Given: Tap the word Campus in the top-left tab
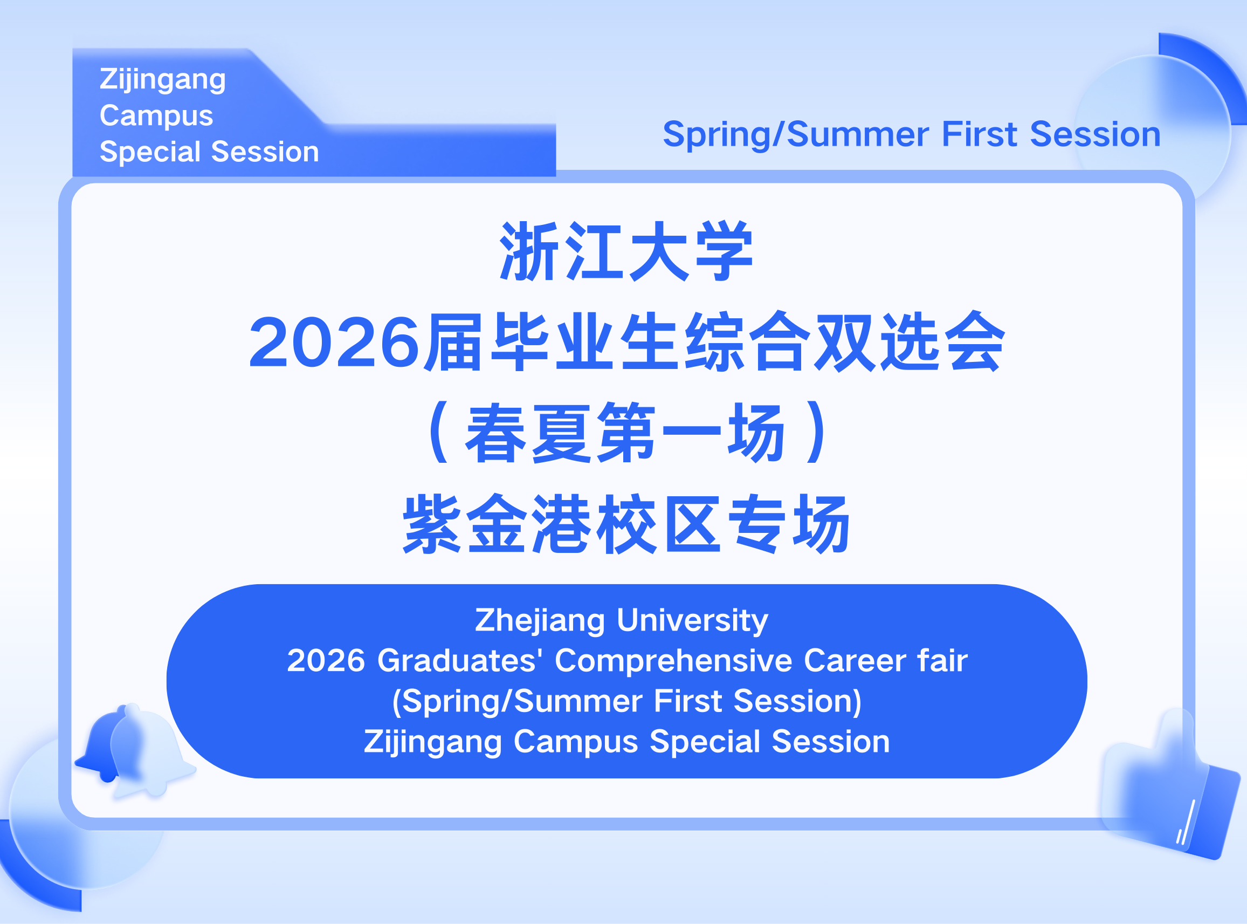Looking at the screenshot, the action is coord(156,115).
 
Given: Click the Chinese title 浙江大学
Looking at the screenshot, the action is coord(626,251).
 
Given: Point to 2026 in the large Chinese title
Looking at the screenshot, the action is coord(334,343).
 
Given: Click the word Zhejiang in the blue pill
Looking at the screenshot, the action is coord(540,621).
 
